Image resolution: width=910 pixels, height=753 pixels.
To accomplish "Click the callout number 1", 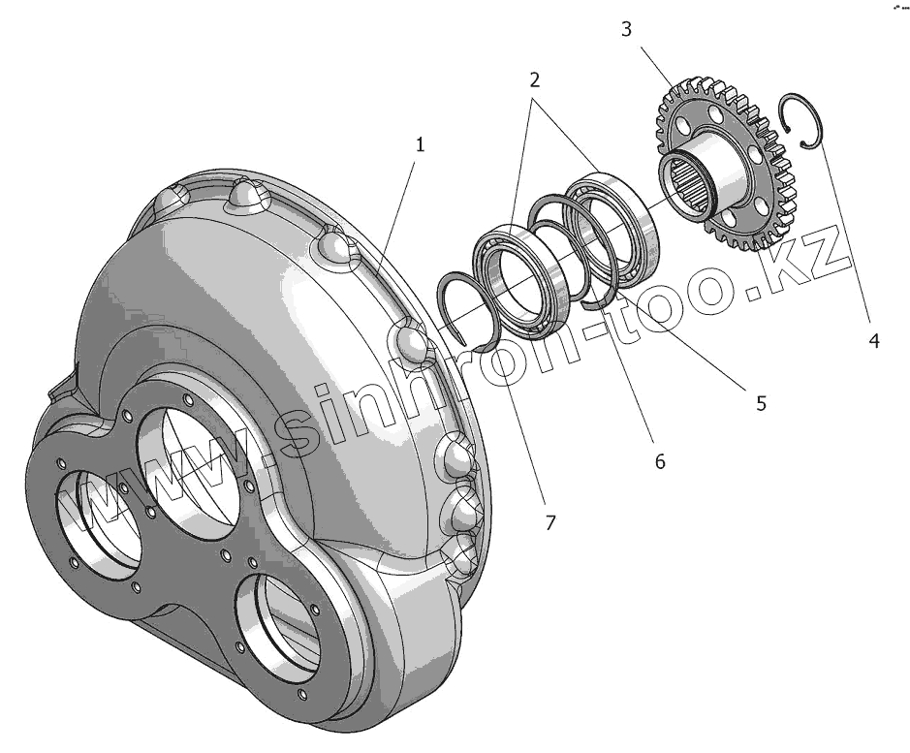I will [420, 144].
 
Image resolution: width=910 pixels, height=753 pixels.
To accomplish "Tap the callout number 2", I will [533, 79].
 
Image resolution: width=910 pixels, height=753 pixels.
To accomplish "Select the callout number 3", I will [627, 29].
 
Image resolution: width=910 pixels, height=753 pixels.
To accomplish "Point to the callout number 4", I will [873, 340].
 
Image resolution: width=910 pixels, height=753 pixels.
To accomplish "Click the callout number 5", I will [761, 403].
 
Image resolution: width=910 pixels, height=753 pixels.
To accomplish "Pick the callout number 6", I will [660, 461].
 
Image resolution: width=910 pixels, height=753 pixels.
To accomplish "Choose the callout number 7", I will [549, 522].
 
